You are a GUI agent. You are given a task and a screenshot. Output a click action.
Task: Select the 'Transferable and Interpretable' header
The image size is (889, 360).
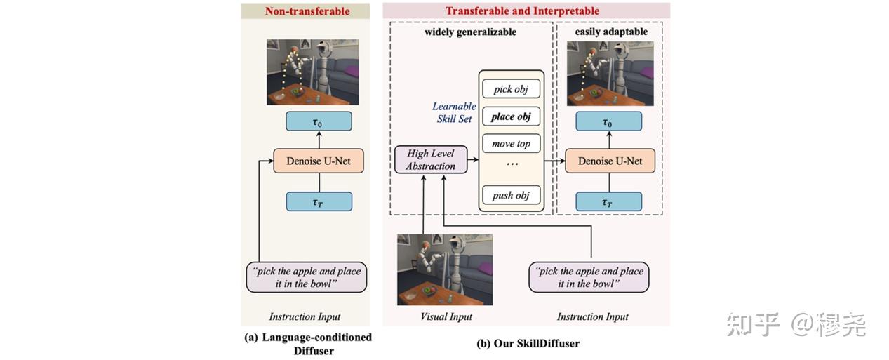522,11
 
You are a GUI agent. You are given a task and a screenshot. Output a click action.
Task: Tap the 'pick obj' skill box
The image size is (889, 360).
511,89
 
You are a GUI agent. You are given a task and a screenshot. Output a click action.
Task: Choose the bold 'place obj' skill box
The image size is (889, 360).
511,116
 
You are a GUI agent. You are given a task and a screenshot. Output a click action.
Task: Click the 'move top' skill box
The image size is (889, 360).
511,144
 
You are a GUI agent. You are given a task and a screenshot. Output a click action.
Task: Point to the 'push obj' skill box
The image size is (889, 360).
511,195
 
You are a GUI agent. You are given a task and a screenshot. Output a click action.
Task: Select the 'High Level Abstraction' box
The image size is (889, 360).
430,159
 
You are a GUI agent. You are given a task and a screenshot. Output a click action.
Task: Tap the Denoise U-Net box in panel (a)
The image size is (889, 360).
319,161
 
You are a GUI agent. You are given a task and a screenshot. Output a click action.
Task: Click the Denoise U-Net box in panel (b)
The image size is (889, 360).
609,161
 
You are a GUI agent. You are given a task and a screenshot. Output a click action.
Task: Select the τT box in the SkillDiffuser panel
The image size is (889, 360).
609,202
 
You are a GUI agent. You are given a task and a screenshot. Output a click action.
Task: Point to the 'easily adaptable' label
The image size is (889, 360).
610,32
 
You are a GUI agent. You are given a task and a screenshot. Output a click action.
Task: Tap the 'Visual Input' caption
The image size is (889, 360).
446,316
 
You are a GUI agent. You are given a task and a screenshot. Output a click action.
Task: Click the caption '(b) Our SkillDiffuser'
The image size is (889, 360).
528,344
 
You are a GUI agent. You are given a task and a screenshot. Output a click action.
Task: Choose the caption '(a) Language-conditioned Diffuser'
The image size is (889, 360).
308,343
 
